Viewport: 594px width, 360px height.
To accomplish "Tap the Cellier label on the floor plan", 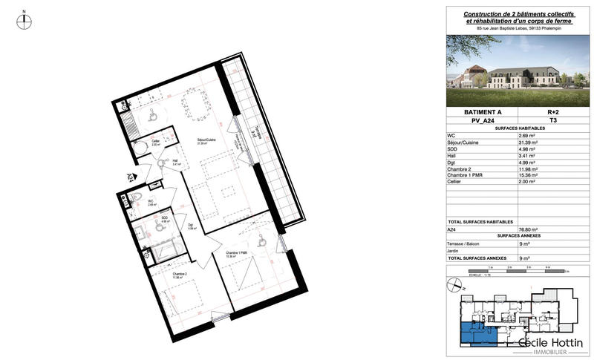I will pos(156,141).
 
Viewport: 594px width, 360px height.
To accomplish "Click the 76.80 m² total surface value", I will pos(529,230).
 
